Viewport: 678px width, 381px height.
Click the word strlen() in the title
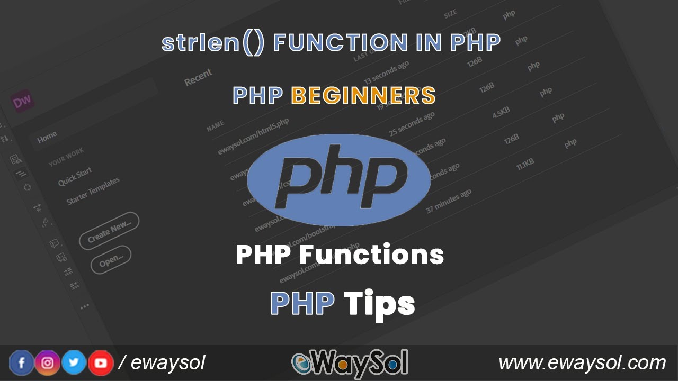212,43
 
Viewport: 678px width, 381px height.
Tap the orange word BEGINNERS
363,96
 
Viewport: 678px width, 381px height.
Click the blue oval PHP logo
338,180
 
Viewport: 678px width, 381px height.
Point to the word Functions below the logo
371,255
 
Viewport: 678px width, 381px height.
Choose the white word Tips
379,304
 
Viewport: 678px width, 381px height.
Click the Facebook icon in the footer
22,363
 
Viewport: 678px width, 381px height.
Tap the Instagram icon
48,363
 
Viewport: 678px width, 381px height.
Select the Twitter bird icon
74,363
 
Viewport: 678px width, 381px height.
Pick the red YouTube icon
101,363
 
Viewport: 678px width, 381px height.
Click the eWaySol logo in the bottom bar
350,363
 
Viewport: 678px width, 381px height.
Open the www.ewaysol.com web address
582,363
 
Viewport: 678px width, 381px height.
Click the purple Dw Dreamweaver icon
22,102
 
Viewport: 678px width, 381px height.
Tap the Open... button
111,260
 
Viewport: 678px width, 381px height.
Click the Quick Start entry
75,176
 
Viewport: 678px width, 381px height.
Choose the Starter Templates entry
93,191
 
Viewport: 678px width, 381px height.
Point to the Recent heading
198,77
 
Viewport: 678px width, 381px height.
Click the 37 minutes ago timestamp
448,202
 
